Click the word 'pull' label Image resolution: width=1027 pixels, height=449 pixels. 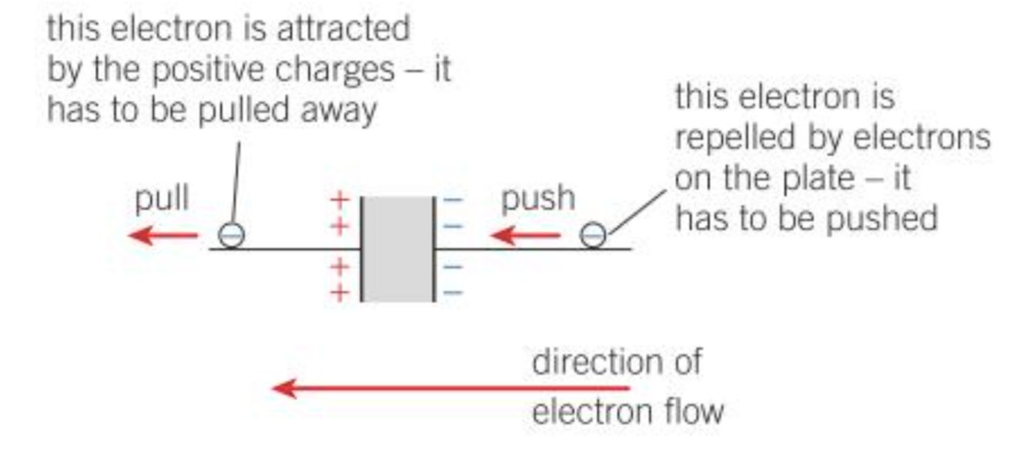coord(162,199)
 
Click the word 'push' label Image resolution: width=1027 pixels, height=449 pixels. coord(538,199)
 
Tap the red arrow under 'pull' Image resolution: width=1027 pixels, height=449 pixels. coord(163,235)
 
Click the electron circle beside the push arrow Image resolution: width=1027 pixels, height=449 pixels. coord(592,234)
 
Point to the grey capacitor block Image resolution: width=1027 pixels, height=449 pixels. coord(397,249)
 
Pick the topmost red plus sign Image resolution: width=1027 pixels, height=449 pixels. coord(340,201)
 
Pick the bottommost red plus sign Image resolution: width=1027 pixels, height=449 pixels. coord(340,293)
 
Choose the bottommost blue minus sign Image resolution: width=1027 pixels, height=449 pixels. coord(453,293)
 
